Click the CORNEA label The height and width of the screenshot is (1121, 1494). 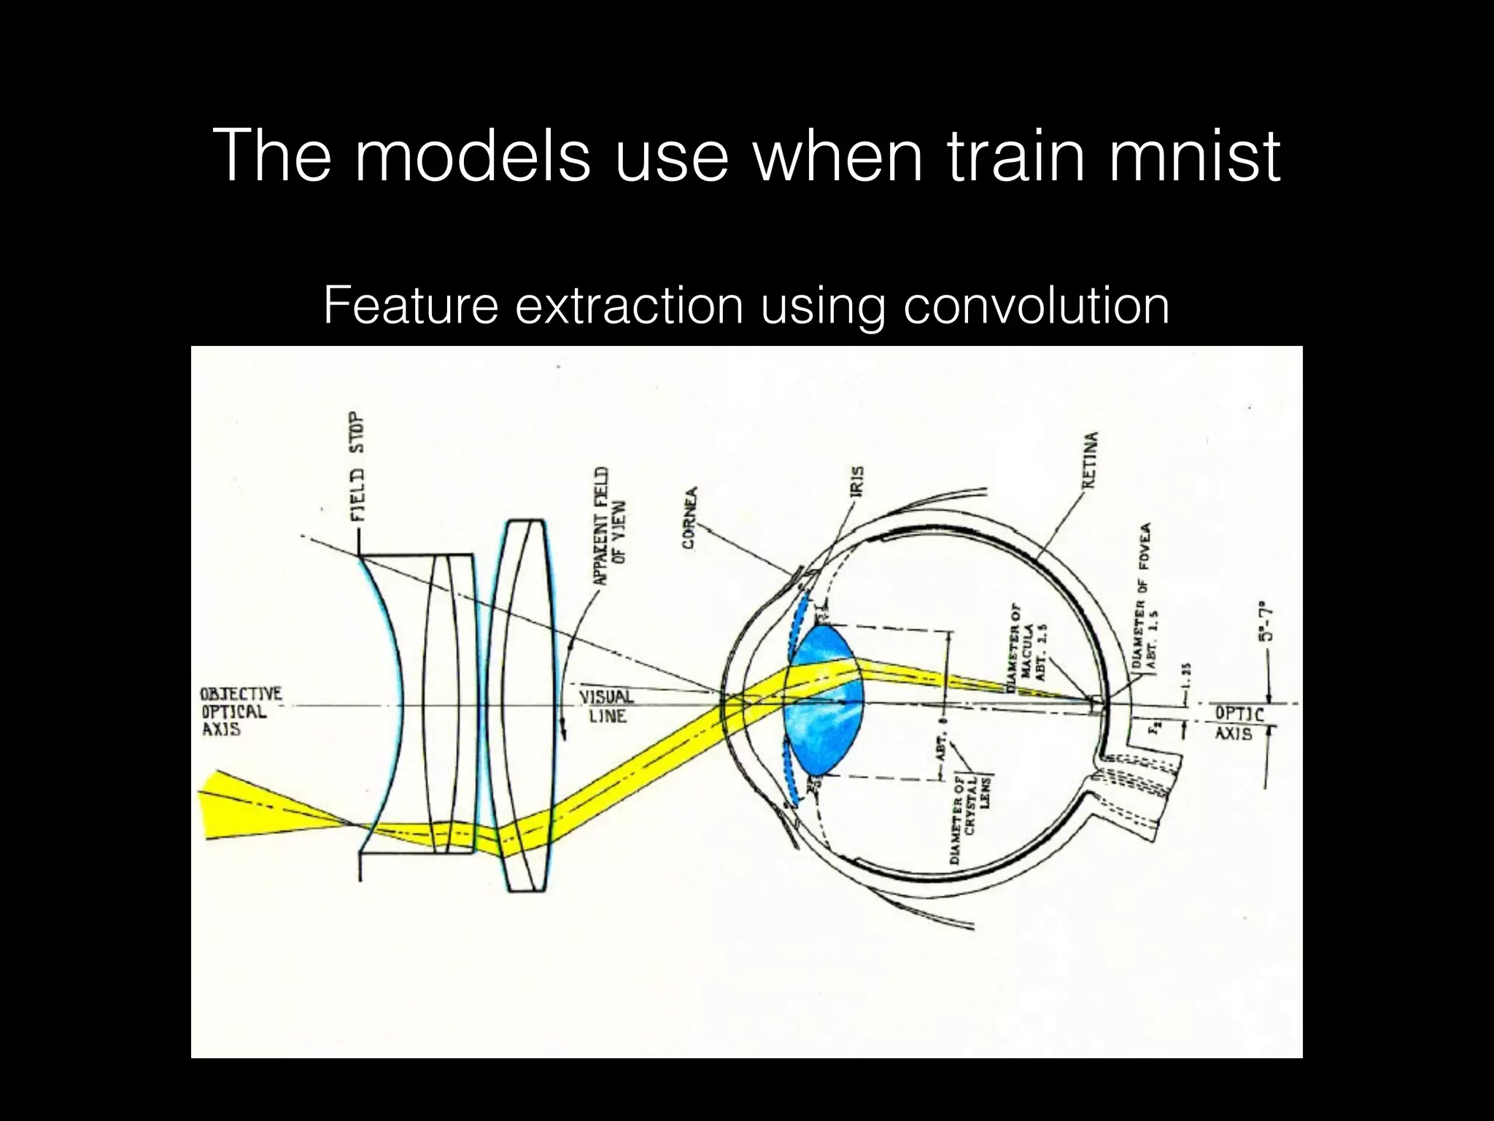pos(689,517)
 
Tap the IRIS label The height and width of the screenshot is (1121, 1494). pos(858,482)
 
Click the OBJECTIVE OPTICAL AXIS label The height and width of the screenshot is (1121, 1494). pos(241,712)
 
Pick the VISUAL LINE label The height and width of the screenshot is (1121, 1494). pos(607,706)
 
